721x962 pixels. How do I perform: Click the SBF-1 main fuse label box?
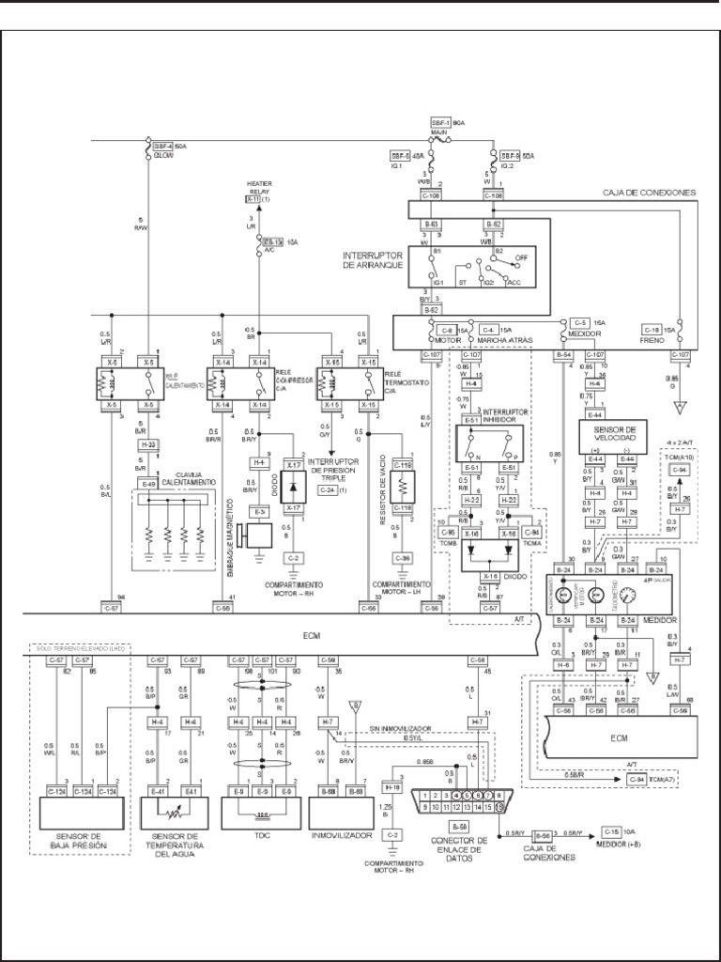pyautogui.click(x=441, y=123)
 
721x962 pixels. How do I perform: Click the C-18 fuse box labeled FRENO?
pyautogui.click(x=653, y=330)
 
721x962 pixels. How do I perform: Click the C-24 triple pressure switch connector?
pyautogui.click(x=327, y=490)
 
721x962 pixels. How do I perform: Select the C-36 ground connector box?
pyautogui.click(x=402, y=558)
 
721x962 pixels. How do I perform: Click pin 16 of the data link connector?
pyautogui.click(x=499, y=807)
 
